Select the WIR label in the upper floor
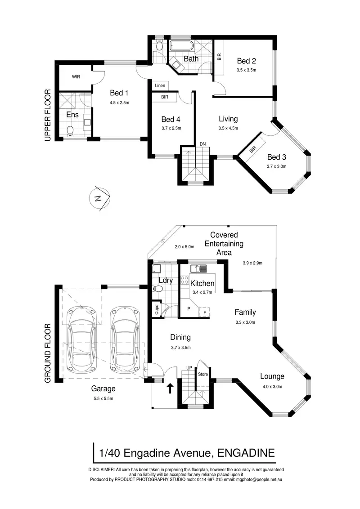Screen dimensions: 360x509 pos(76,77)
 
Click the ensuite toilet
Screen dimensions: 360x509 pos(70,131)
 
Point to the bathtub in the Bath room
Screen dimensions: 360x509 pos(181,46)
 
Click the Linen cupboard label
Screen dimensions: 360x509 pos(160,85)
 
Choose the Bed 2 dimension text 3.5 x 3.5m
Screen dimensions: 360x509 pos(246,70)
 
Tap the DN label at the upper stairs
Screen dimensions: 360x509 pos(203,144)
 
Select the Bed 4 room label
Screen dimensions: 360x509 pos(171,119)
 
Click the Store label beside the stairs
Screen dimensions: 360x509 pos(202,373)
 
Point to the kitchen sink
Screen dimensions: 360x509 pos(198,269)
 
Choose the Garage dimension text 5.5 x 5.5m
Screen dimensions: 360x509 pos(103,398)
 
